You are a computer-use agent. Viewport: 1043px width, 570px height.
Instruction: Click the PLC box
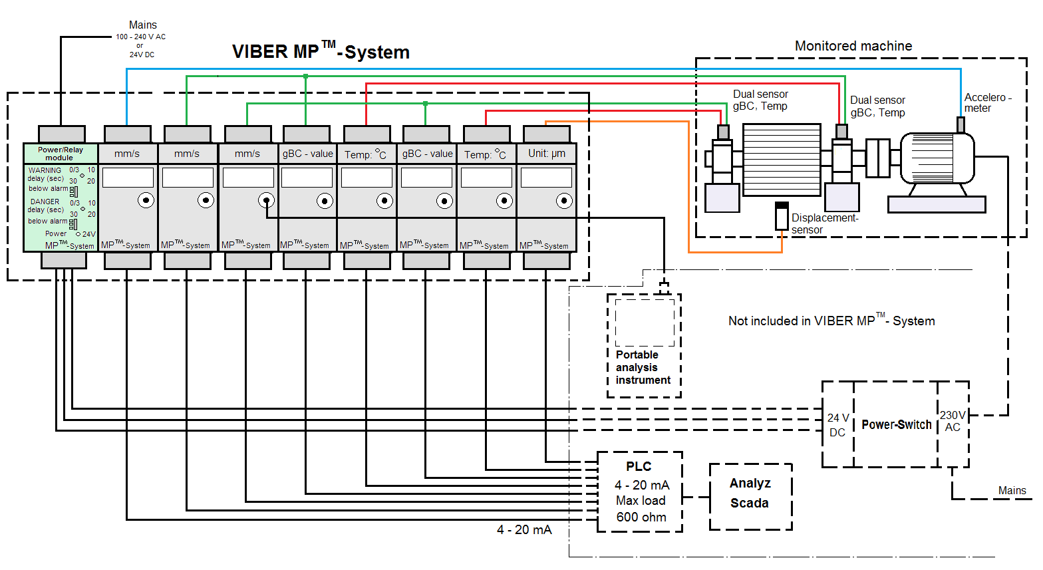pos(640,492)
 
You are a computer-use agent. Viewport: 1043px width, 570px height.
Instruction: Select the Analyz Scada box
pos(750,496)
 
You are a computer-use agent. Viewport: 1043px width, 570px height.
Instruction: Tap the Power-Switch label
pos(896,424)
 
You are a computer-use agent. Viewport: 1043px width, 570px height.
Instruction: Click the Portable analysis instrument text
pos(643,368)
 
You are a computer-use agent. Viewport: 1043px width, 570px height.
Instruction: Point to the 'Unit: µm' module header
pos(547,154)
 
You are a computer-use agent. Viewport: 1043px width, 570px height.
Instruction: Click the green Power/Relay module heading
pos(61,154)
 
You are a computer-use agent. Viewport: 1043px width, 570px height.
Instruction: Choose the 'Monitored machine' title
pos(853,46)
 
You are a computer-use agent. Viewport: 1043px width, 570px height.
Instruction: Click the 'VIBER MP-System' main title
pos(321,52)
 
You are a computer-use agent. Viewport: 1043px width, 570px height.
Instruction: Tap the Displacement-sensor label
pos(825,223)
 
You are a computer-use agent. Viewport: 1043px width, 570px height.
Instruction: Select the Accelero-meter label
pos(987,102)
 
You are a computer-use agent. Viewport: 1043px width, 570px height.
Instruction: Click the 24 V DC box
pos(837,424)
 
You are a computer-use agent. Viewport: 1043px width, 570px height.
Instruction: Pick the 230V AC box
pos(953,422)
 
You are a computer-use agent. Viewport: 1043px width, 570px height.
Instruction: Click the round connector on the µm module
pos(564,200)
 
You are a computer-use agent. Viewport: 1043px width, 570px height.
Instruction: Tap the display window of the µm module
pos(546,178)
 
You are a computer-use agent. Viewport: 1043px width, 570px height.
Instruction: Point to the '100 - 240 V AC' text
pos(140,37)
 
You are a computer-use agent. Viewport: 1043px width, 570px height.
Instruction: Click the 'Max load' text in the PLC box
pos(641,500)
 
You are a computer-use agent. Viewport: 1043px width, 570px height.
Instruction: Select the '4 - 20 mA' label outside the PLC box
pos(524,529)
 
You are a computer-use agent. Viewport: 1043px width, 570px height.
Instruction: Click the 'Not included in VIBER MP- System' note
pos(831,321)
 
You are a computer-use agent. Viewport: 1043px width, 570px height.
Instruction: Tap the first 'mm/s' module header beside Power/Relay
pos(127,154)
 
